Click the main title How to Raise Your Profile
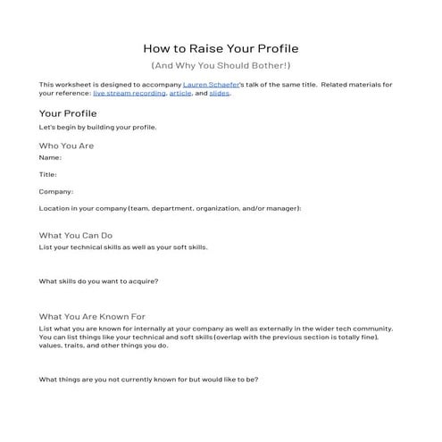(x=221, y=48)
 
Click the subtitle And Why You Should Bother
(x=221, y=66)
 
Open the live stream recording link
(x=129, y=93)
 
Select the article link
(x=181, y=93)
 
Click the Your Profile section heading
(x=68, y=113)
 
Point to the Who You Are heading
(x=67, y=146)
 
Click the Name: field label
(x=50, y=157)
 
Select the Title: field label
(x=48, y=174)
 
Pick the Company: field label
(x=56, y=191)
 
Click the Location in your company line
(x=170, y=208)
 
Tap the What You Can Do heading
(x=75, y=236)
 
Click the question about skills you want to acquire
(x=98, y=281)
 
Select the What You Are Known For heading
(x=92, y=317)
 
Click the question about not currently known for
(x=148, y=379)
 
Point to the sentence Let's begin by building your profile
(x=98, y=127)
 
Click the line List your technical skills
(x=123, y=247)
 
